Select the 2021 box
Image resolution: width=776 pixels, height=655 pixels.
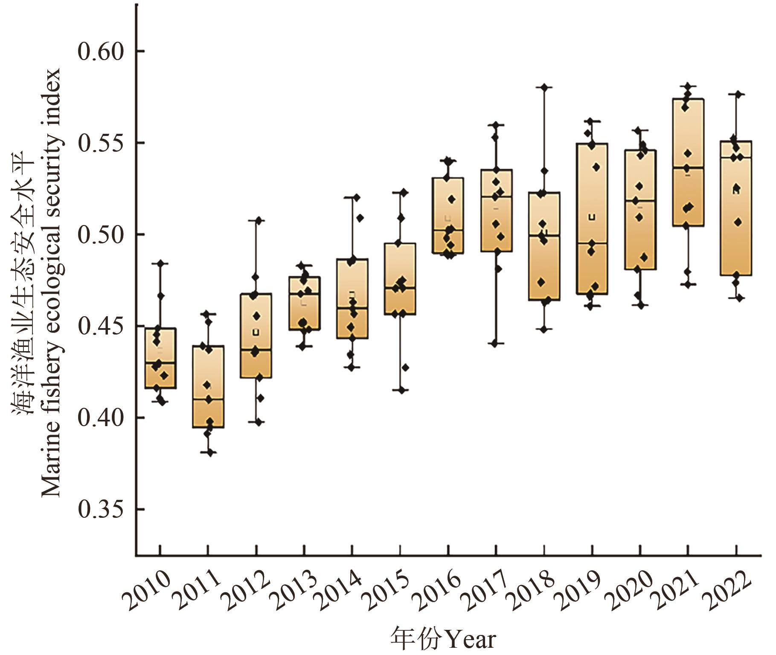[688, 162]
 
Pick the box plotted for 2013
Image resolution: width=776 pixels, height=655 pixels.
[305, 303]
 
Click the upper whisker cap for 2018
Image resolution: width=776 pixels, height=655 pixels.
[544, 87]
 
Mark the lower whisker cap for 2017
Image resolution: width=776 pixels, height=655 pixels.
[496, 343]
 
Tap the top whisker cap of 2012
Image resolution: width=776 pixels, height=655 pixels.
[256, 220]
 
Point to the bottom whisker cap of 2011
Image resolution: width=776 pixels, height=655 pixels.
[208, 453]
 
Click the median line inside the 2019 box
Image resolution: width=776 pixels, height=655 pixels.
[592, 243]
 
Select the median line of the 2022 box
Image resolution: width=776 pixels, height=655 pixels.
[736, 158]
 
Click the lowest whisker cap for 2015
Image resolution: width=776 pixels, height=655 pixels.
[400, 390]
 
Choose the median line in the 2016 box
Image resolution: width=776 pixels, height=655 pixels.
[448, 230]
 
